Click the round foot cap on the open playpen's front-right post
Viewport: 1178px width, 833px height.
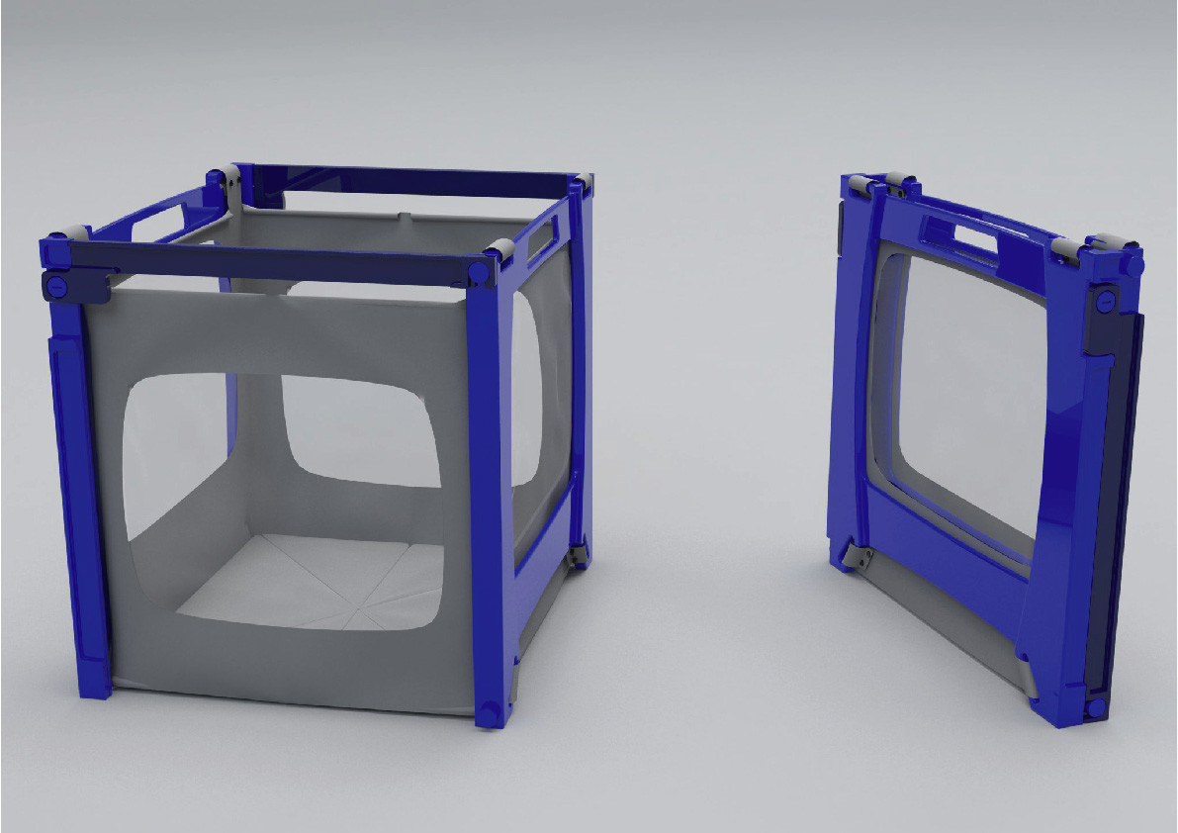pos(489,714)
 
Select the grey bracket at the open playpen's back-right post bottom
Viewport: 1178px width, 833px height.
pos(577,554)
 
